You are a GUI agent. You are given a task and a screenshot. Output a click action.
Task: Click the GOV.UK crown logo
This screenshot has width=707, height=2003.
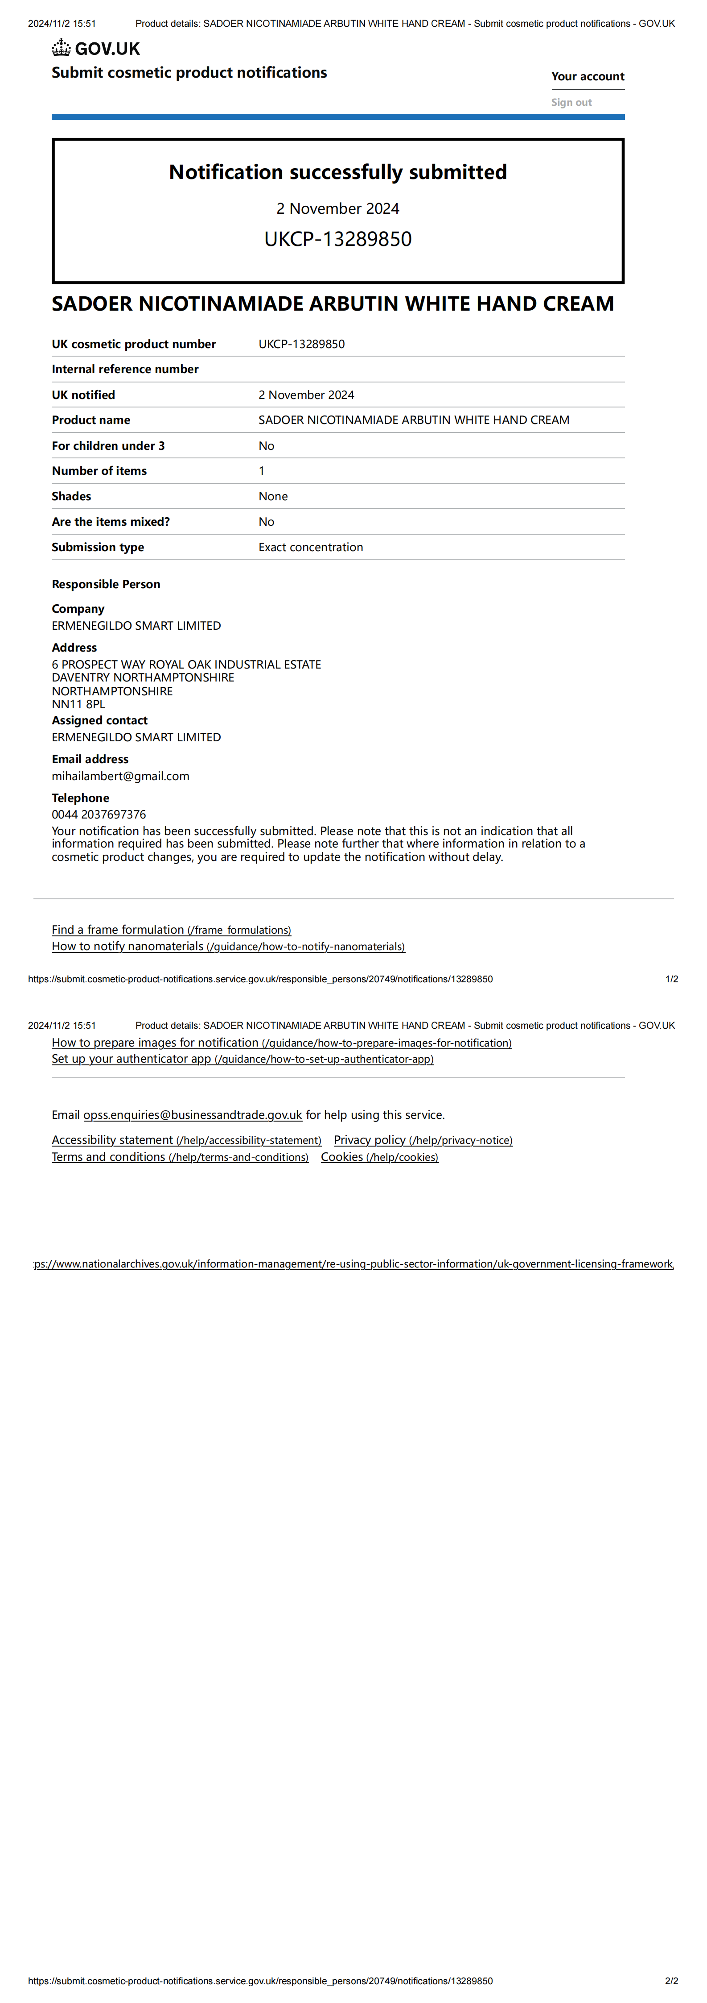click(62, 48)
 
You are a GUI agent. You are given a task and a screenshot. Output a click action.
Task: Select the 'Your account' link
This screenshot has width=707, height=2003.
click(588, 76)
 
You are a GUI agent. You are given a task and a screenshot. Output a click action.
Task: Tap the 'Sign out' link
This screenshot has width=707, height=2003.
click(571, 102)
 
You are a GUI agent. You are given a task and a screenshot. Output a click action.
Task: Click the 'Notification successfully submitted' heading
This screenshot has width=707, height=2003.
click(338, 172)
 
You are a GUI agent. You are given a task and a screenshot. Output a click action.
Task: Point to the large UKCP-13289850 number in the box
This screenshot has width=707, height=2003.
click(338, 239)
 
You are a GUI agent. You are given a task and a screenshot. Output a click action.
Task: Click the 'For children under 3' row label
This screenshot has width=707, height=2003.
click(108, 445)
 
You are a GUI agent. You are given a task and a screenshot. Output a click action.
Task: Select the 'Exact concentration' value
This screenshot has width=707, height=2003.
click(311, 547)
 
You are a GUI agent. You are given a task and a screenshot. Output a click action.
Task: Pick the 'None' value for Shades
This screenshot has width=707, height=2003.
click(273, 496)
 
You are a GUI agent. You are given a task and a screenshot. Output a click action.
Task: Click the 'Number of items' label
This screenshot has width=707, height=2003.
click(99, 470)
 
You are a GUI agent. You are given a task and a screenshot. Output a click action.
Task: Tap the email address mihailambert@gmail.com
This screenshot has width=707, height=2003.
click(120, 776)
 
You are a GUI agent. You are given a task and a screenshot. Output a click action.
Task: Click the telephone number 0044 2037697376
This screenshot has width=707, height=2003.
click(99, 814)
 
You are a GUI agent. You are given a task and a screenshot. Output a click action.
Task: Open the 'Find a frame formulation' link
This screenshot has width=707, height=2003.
click(171, 930)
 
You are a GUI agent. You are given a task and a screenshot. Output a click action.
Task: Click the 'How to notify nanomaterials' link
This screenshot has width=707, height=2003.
click(228, 946)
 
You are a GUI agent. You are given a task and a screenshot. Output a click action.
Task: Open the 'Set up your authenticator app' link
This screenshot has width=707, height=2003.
click(243, 1059)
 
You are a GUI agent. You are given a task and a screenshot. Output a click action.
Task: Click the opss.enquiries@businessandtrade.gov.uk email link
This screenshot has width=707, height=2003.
click(193, 1115)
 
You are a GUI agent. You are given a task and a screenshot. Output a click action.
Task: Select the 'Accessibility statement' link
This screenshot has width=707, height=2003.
click(186, 1140)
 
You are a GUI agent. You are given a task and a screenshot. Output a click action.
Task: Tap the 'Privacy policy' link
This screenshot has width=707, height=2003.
click(423, 1140)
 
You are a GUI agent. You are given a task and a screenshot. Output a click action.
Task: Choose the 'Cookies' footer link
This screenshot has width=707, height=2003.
click(379, 1157)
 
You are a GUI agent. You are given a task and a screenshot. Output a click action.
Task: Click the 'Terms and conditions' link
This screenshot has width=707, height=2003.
click(180, 1157)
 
